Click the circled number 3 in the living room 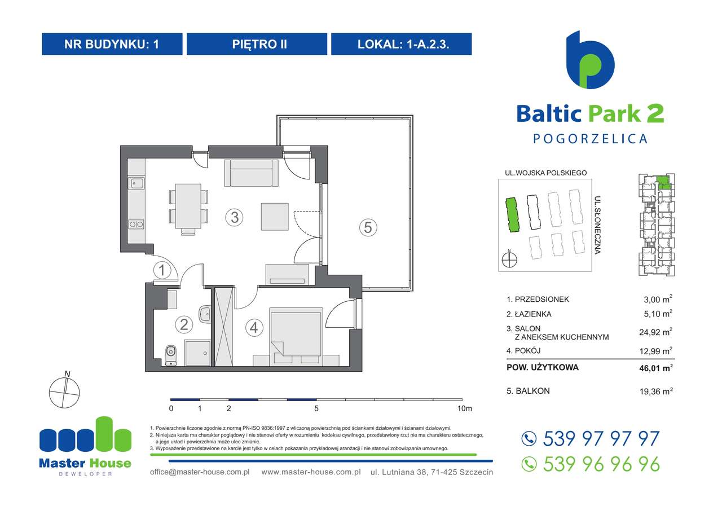(234, 217)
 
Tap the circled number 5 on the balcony (367, 227)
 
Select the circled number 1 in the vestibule (162, 271)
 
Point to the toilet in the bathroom (171, 354)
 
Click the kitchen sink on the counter (136, 182)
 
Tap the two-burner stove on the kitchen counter (136, 224)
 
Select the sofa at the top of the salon (252, 173)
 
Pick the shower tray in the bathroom (197, 353)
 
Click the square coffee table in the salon (275, 216)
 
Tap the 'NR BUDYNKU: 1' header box (112, 44)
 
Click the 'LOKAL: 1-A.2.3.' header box (401, 44)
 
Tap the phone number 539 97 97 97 (601, 438)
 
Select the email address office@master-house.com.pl (200, 472)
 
